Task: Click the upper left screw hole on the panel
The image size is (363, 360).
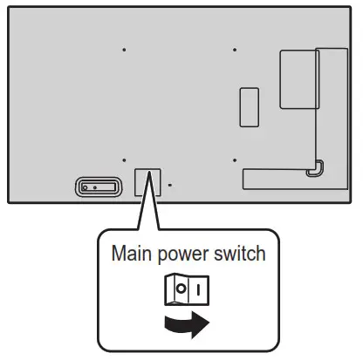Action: point(124,50)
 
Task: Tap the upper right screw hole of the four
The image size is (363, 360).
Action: point(235,50)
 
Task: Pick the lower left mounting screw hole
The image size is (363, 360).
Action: point(124,160)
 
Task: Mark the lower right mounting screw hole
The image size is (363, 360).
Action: point(235,160)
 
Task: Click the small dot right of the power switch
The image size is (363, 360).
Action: point(170,185)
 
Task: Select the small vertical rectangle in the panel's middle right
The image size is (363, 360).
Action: point(250,106)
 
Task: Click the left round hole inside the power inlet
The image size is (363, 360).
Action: point(85,186)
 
